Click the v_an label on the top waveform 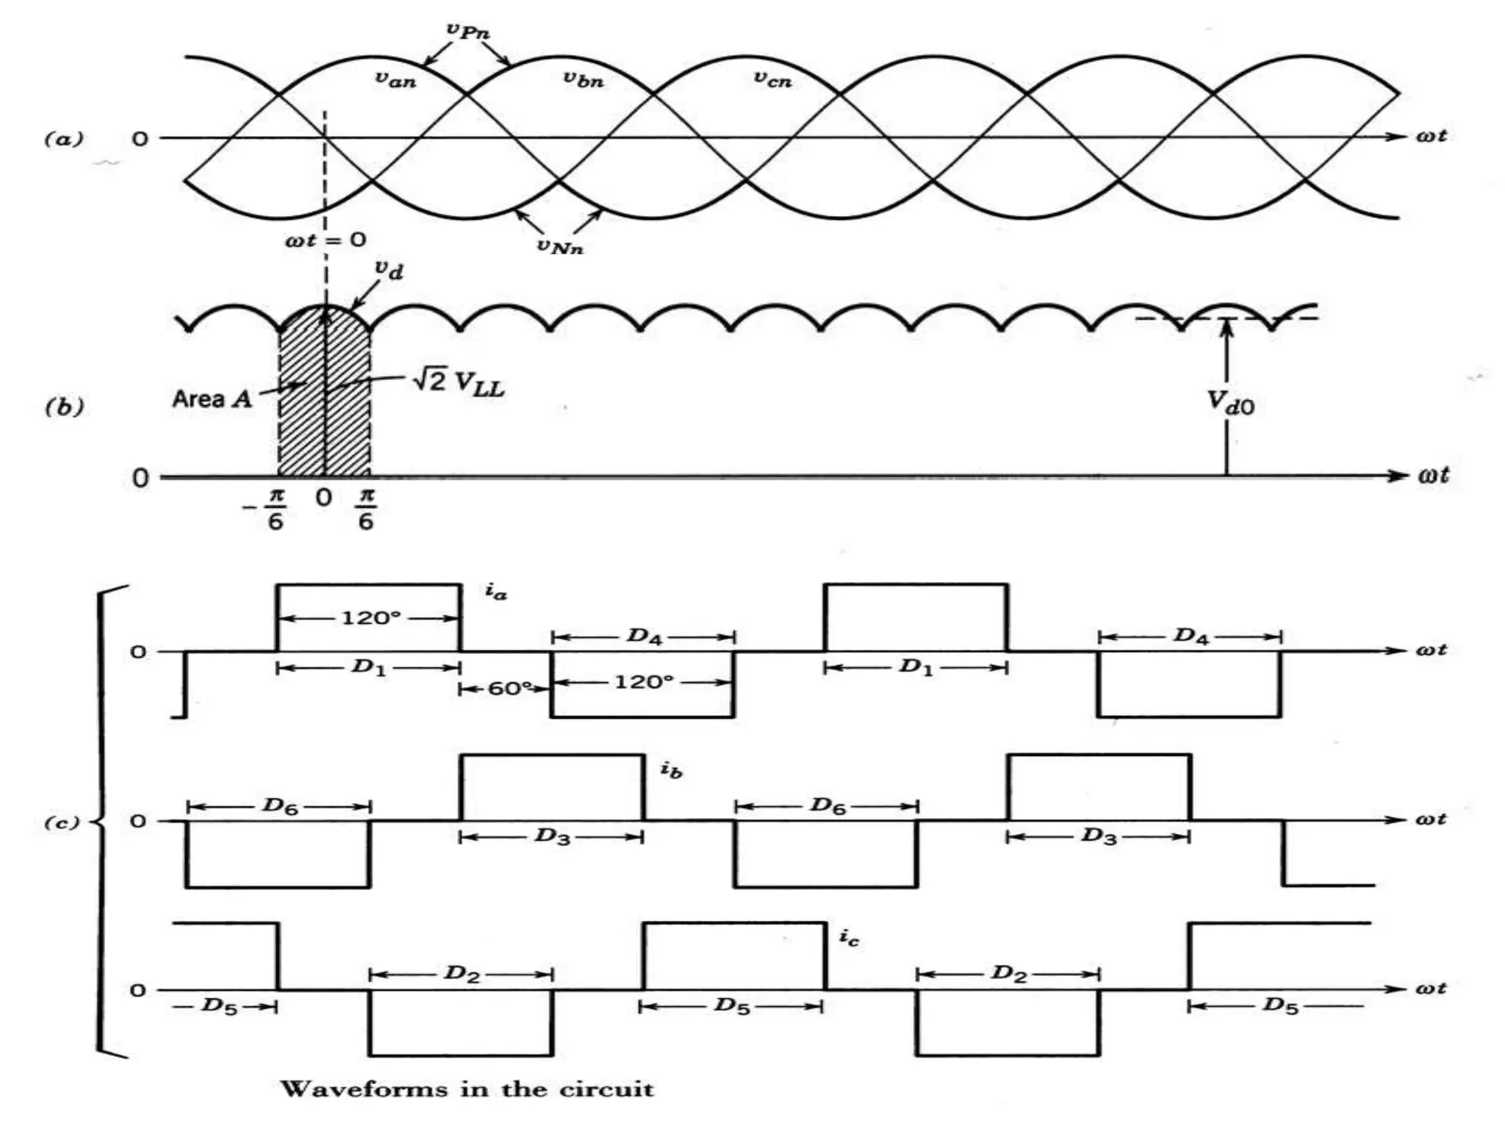click(395, 79)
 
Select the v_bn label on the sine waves click(583, 79)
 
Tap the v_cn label click(772, 79)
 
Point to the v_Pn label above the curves click(468, 31)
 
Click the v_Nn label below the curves click(560, 246)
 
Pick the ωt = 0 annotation click(326, 240)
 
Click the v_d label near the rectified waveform click(389, 270)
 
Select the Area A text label click(212, 399)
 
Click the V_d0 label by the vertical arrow click(1231, 403)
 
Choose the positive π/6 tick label click(366, 509)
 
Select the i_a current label click(496, 592)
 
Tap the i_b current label click(671, 770)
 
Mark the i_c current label click(849, 938)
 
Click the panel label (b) click(65, 406)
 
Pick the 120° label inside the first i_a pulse click(370, 618)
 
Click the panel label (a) click(65, 138)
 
